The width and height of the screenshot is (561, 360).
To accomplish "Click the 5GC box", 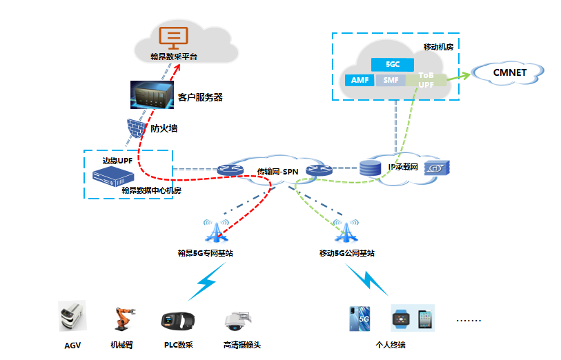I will (x=393, y=64).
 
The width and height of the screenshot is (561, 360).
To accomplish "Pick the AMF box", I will (x=360, y=80).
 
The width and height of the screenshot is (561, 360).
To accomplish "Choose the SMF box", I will (x=391, y=80).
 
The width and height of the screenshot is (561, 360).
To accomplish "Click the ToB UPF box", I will (x=426, y=79).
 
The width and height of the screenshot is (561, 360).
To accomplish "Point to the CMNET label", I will (x=509, y=72).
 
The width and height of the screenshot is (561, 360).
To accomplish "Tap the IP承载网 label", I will (x=403, y=167).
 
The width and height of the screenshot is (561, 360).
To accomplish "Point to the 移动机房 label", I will (x=437, y=46).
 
